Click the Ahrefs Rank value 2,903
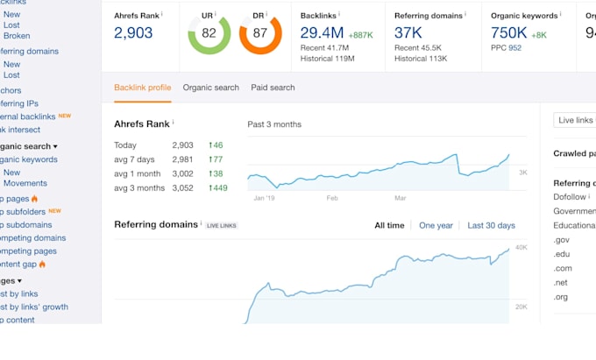tap(133, 33)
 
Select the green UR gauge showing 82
tap(209, 34)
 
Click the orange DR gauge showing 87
tap(260, 34)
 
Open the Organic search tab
tap(210, 88)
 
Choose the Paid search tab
tap(273, 88)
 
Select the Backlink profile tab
tap(142, 88)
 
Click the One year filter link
tap(436, 226)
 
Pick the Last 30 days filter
tap(491, 226)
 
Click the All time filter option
tap(389, 226)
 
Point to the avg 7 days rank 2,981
tap(182, 159)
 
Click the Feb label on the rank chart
tap(331, 198)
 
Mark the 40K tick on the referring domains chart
tap(520, 248)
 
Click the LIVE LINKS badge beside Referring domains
tap(221, 226)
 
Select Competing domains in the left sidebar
tap(33, 237)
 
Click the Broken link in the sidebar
tap(17, 36)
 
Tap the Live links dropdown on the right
tap(574, 120)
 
